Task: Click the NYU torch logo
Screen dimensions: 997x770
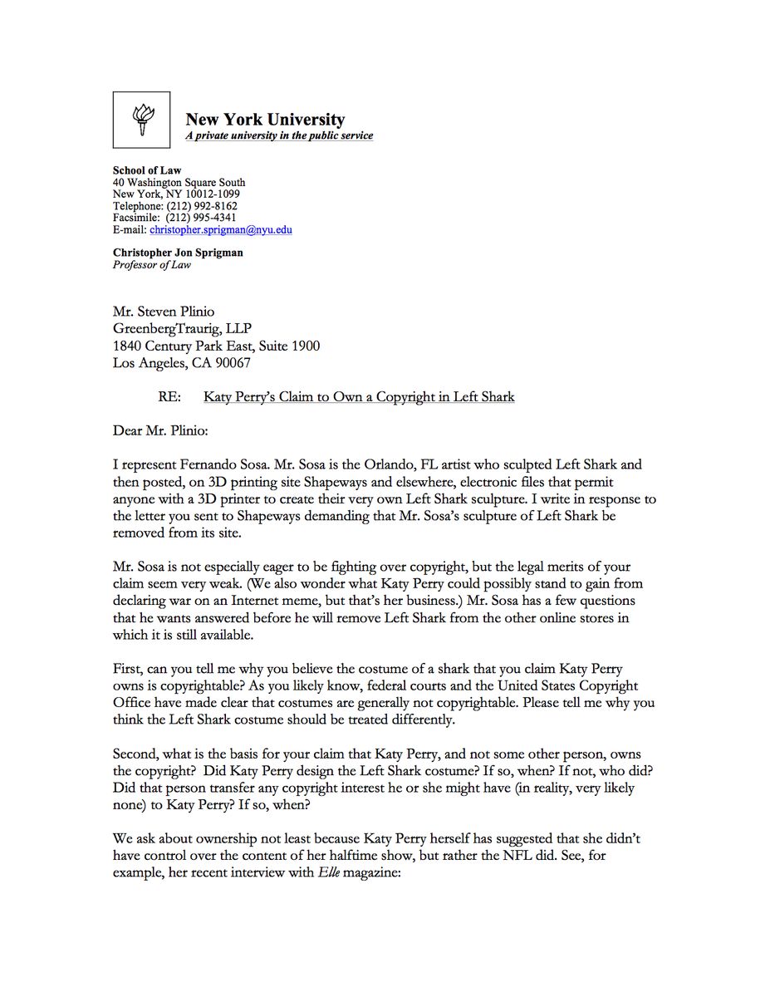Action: [x=142, y=120]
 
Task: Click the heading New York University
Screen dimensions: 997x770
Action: [x=265, y=119]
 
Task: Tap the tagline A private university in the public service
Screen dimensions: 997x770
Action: [x=279, y=135]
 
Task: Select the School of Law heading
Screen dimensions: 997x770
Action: [x=147, y=170]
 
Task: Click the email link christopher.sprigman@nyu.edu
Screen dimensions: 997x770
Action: [x=221, y=229]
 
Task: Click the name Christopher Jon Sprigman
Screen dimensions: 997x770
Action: [x=178, y=253]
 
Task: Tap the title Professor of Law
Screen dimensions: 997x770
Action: [x=152, y=265]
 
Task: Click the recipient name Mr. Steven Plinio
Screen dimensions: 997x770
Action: [x=164, y=312]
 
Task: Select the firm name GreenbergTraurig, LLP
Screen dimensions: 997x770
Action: [x=181, y=329]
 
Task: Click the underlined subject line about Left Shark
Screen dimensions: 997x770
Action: [x=359, y=397]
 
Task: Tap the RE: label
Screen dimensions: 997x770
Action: [x=169, y=397]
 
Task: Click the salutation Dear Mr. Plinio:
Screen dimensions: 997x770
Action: [x=163, y=431]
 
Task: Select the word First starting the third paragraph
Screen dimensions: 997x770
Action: [x=128, y=669]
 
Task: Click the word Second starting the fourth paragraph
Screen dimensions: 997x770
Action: [x=135, y=754]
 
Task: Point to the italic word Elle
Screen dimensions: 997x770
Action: [x=328, y=872]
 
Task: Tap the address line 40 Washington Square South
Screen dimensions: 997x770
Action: [x=179, y=183]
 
